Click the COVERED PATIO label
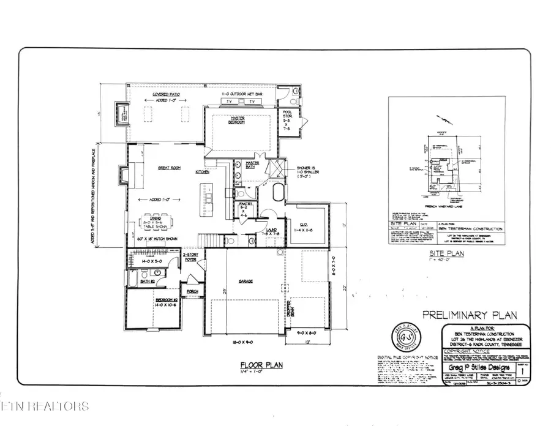(151, 95)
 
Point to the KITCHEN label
(203, 173)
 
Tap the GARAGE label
(246, 282)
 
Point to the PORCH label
(192, 291)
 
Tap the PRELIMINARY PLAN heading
(470, 315)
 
